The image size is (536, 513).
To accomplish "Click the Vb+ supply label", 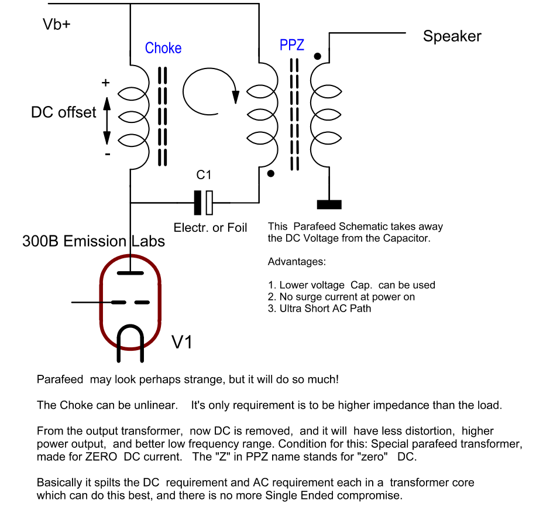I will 57,25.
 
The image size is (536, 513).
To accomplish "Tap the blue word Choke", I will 163,48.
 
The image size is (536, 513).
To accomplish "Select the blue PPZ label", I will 292,45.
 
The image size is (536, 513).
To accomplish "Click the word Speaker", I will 452,36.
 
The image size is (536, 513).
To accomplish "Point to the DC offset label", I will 63,112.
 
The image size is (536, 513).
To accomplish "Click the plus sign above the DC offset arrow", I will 106,83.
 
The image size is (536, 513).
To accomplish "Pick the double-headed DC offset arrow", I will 106,121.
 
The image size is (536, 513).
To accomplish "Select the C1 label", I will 204,175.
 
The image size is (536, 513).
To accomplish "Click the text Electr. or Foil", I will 210,228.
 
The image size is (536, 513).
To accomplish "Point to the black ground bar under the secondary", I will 329,204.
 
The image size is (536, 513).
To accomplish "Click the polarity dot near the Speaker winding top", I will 317,57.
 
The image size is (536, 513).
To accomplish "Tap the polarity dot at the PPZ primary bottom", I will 270,174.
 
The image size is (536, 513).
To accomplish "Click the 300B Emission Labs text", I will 94,241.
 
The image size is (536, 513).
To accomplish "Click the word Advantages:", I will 297,261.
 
